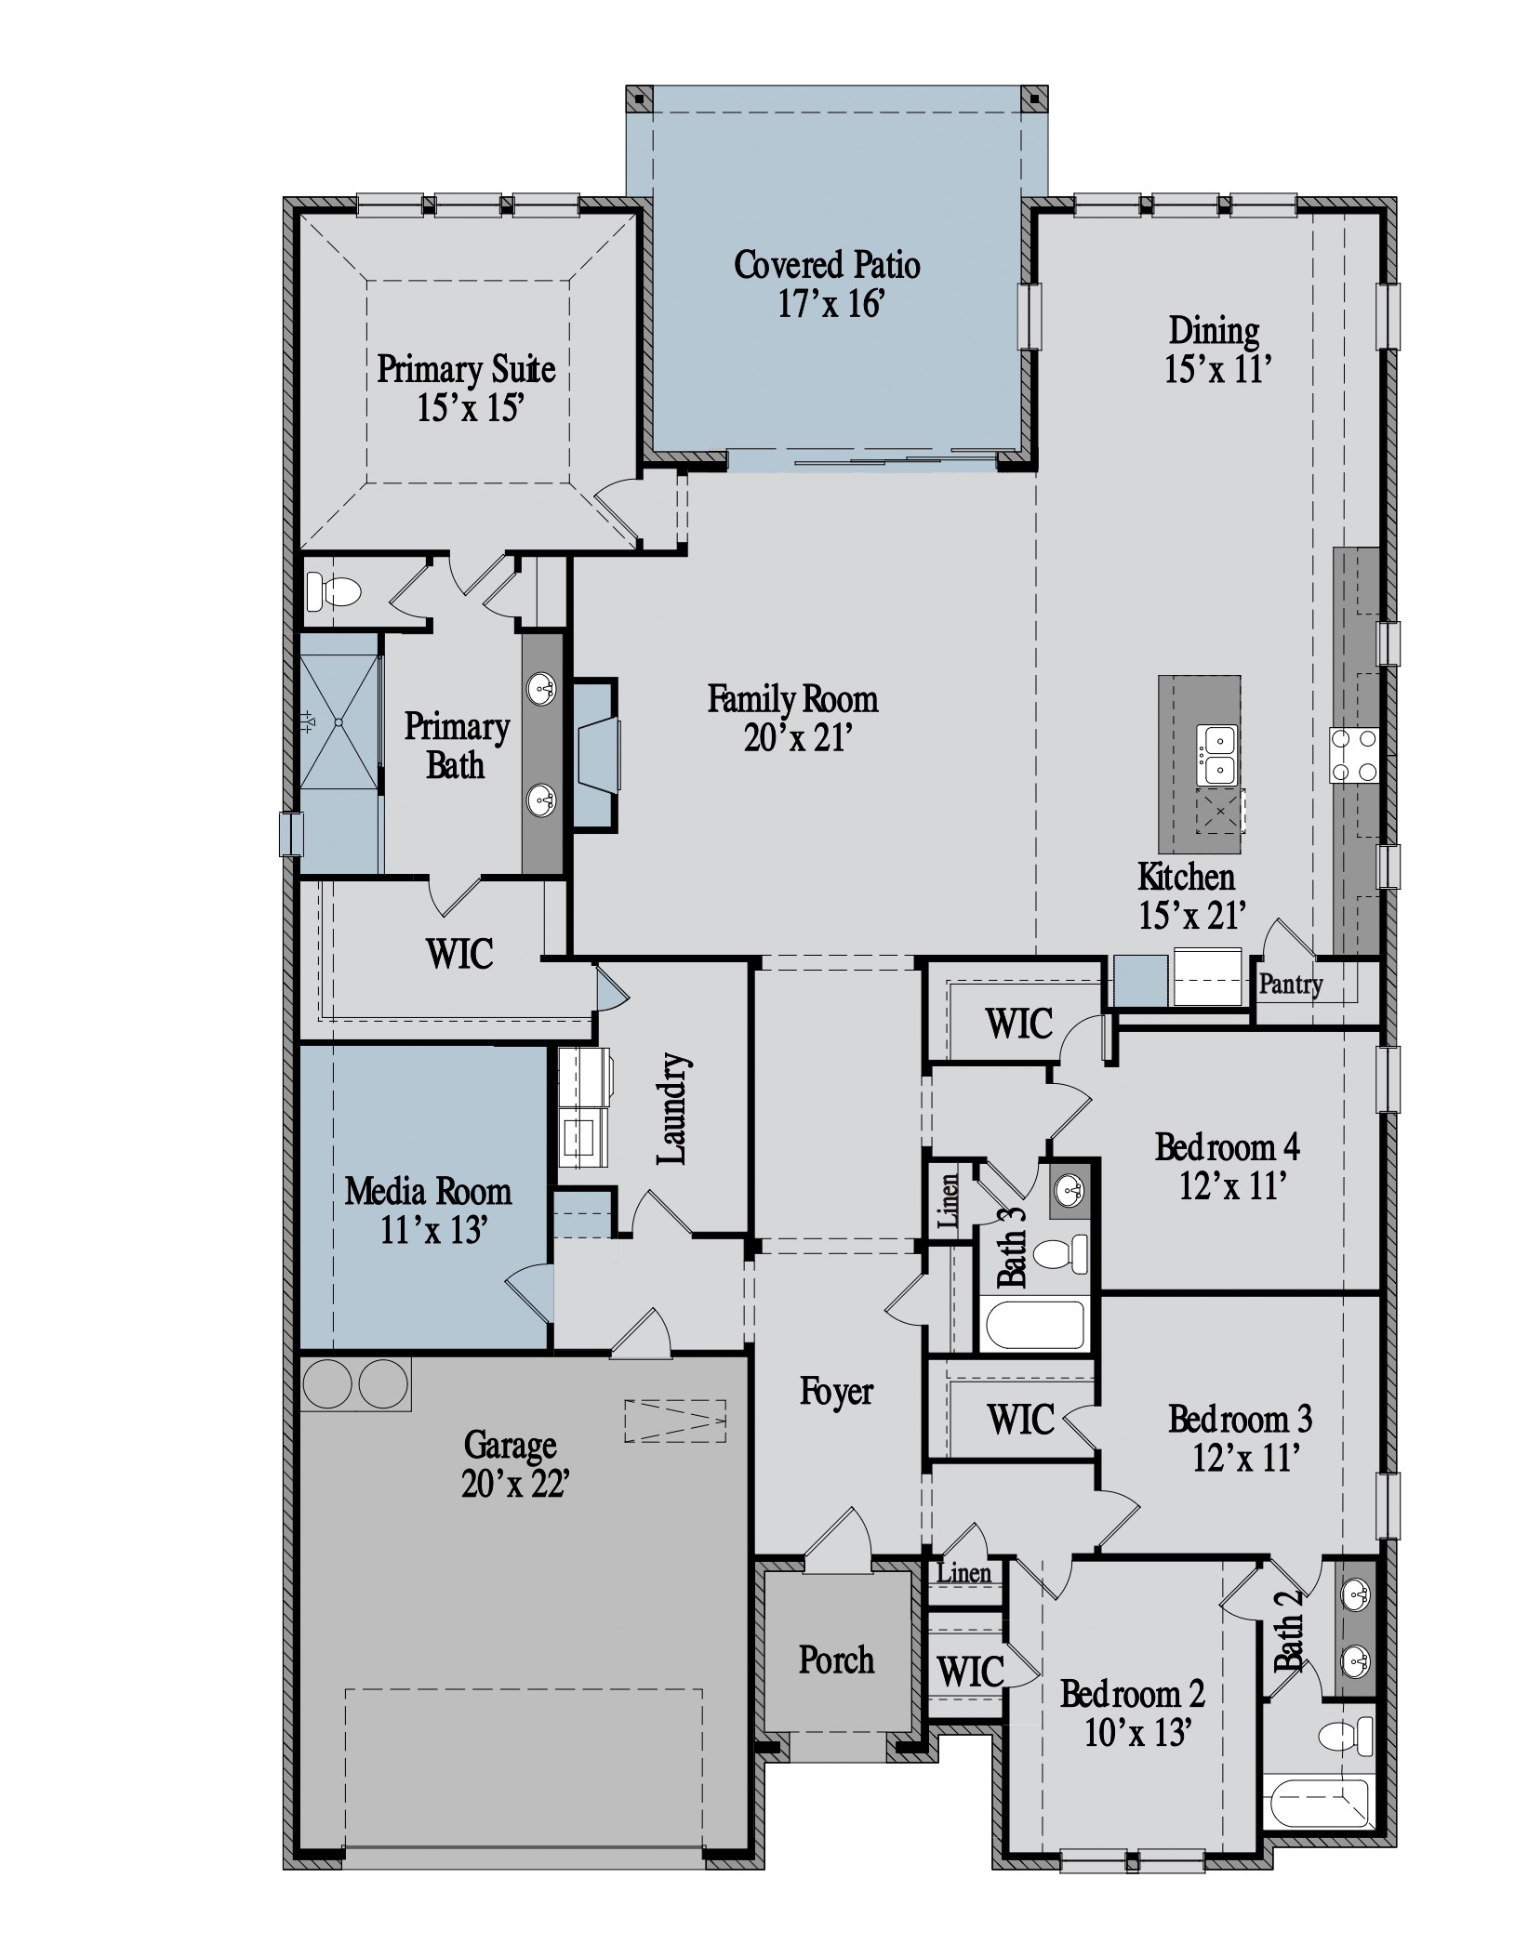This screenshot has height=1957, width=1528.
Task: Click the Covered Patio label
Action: [x=827, y=265]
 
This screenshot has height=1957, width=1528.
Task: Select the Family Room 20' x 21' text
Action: [x=792, y=718]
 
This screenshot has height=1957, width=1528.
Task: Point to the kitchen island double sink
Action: [x=1217, y=754]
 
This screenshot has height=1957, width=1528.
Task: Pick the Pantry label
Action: [x=1290, y=984]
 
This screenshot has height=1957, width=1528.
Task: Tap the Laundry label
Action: [x=672, y=1109]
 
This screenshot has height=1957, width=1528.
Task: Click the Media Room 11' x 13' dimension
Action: [x=433, y=1230]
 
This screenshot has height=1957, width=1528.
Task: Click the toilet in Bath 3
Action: [x=1061, y=1254]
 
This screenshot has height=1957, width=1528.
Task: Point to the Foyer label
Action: [x=836, y=1392]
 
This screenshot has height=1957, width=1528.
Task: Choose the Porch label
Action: [x=836, y=1659]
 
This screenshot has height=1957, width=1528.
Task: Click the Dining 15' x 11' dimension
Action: [x=1217, y=370]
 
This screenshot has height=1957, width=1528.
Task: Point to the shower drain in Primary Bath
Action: [x=339, y=721]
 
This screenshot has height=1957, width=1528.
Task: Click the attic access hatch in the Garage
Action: [x=675, y=1421]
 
